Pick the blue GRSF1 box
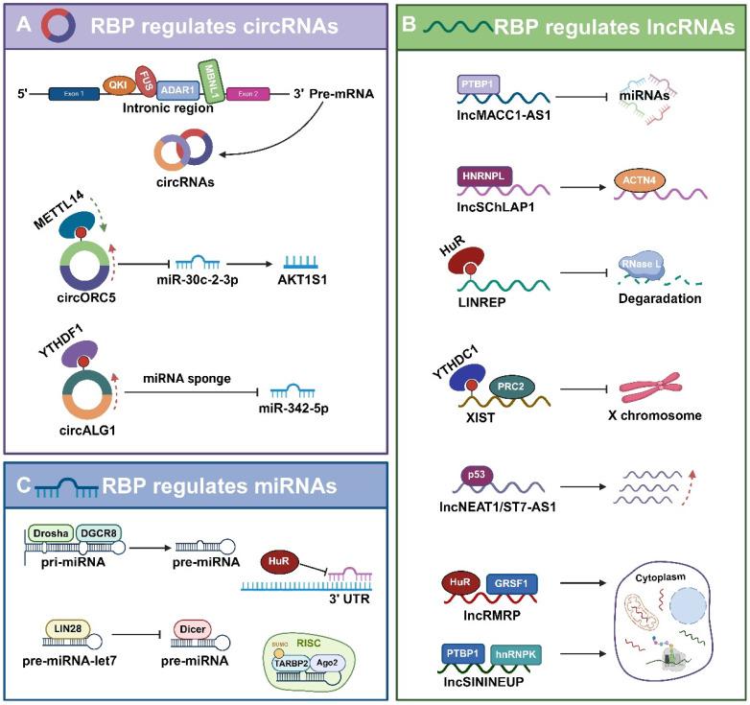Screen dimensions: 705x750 pos(518,581)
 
